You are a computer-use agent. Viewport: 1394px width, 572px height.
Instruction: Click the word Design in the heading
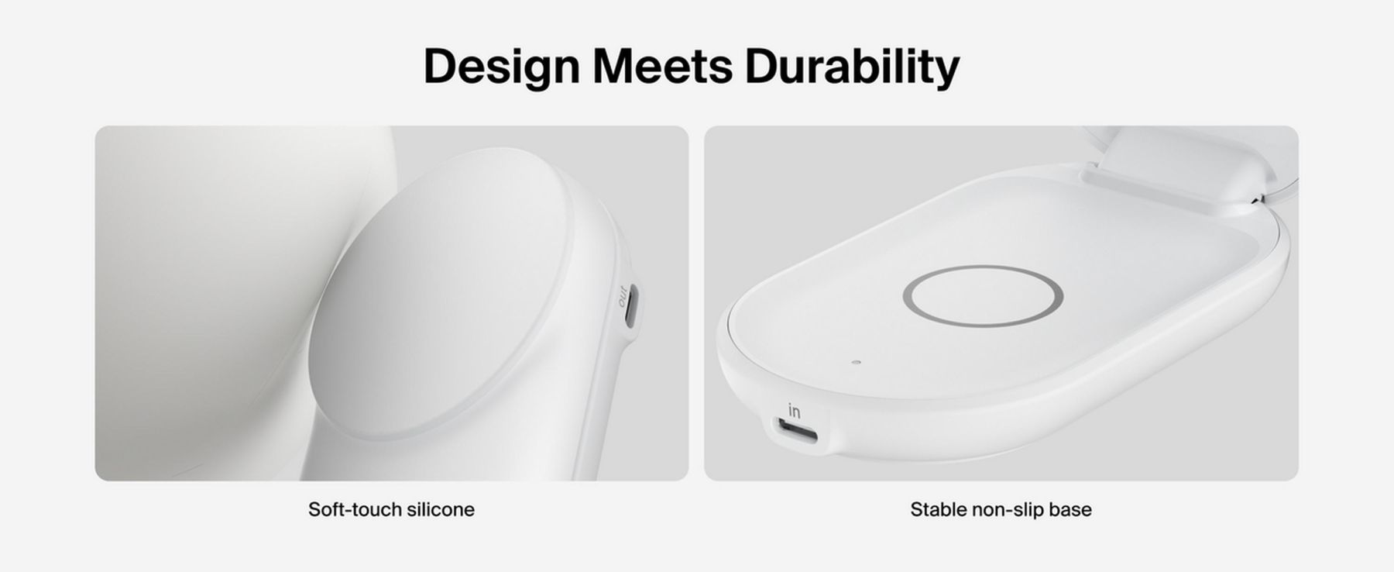501,67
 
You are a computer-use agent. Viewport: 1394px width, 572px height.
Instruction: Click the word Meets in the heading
662,66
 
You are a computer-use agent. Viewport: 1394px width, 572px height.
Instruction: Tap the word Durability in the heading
852,67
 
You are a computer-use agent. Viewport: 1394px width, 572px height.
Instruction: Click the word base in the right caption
1070,509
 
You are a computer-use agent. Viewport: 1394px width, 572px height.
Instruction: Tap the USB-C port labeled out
633,307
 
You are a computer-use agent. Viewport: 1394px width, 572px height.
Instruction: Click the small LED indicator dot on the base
854,362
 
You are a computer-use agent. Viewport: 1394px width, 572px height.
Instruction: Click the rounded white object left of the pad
232,302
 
